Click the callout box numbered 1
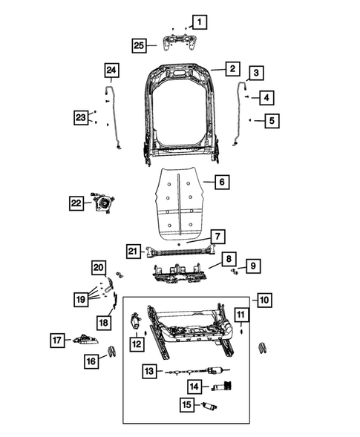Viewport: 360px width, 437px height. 200,22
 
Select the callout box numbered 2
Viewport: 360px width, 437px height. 232,69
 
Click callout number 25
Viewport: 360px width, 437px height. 138,45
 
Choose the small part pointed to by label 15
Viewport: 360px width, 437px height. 211,407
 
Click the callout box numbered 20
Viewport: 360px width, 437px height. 99,267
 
